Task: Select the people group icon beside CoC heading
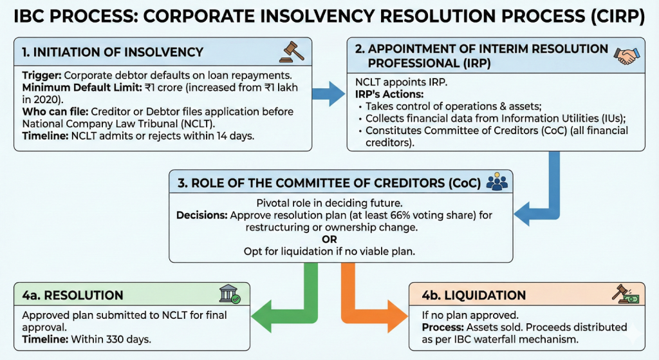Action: (x=497, y=182)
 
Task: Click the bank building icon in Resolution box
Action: (x=230, y=295)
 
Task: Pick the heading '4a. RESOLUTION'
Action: (x=72, y=296)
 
